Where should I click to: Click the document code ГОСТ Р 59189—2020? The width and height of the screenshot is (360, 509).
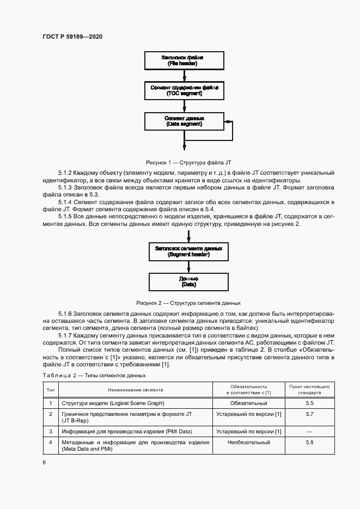click(72, 36)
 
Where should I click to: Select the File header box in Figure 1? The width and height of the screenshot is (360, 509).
click(184, 60)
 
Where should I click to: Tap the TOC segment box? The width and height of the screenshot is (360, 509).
click(184, 90)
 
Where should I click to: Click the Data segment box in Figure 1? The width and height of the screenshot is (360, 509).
click(184, 121)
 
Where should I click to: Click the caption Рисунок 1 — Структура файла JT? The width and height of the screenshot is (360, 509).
click(188, 162)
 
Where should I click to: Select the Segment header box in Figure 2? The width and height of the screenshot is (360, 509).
click(188, 251)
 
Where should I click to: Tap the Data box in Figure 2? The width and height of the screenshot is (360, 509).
click(188, 281)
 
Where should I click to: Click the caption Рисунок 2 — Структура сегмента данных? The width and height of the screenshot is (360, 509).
click(188, 302)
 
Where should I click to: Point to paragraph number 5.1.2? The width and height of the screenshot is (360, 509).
click(66, 173)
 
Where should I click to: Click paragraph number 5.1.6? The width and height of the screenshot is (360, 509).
click(66, 315)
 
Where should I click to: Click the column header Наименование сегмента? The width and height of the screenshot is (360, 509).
click(135, 389)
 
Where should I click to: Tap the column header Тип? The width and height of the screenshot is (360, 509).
click(51, 389)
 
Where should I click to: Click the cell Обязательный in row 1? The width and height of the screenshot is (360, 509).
click(248, 403)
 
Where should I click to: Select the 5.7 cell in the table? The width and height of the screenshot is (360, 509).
click(310, 414)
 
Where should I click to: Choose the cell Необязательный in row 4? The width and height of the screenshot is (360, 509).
click(248, 443)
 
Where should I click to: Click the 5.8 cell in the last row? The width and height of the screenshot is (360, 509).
click(310, 443)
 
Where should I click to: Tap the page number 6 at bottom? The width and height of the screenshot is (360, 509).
click(44, 462)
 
